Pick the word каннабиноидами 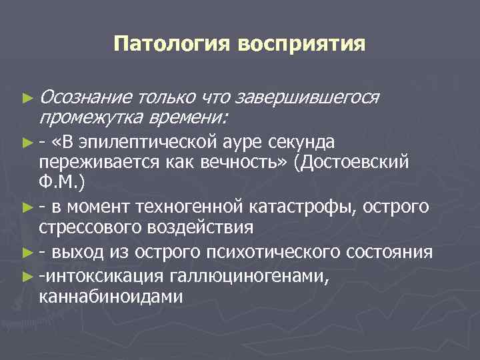pyautogui.click(x=111, y=295)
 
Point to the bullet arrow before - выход pyautogui.click(x=27, y=253)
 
